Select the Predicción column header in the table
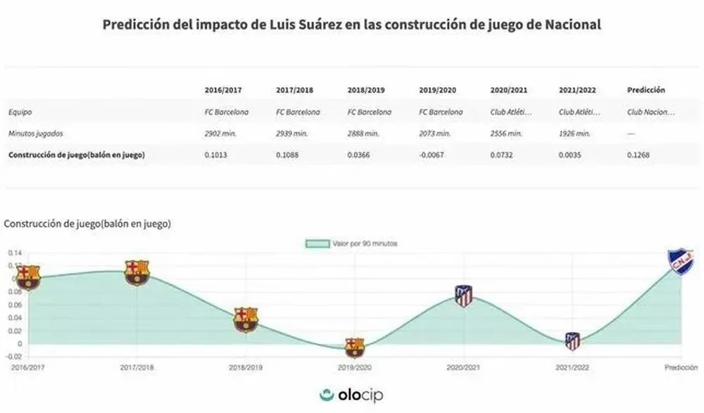(646, 90)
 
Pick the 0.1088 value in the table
(287, 155)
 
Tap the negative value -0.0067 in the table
(430, 155)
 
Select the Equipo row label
(20, 112)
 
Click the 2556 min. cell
(506, 133)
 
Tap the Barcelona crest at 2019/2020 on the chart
(354, 347)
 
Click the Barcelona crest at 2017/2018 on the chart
(137, 272)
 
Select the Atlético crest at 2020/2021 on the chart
(463, 296)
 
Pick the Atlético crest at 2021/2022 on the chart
(573, 341)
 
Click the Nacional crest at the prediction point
(681, 261)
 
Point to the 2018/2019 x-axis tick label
(246, 367)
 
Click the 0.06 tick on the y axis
(14, 305)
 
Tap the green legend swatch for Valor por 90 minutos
(318, 243)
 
